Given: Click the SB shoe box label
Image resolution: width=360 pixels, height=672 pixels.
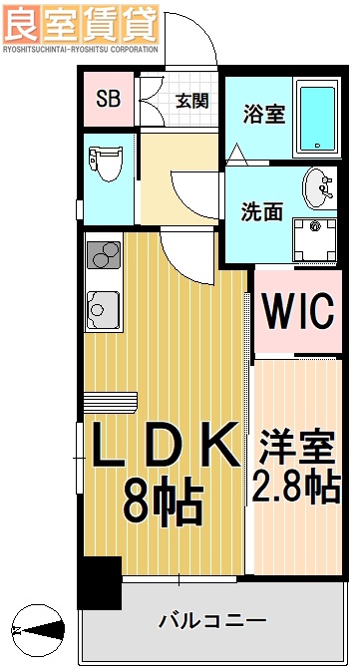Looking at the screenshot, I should [107, 99].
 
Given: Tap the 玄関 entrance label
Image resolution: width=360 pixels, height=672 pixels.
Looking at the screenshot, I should [191, 100].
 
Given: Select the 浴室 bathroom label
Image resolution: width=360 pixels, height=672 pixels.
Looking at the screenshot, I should [263, 113].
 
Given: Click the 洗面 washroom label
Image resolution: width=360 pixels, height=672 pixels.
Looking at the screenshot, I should [261, 211].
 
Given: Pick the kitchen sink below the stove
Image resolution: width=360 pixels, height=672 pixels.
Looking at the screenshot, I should [103, 309].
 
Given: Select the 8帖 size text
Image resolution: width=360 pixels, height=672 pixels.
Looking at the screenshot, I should [165, 502].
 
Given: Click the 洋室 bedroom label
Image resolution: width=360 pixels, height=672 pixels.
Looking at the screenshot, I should [296, 446].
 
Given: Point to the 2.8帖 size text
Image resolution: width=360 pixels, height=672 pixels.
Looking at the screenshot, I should [296, 489].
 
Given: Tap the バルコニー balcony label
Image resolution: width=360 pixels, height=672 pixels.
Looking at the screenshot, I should [212, 620].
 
